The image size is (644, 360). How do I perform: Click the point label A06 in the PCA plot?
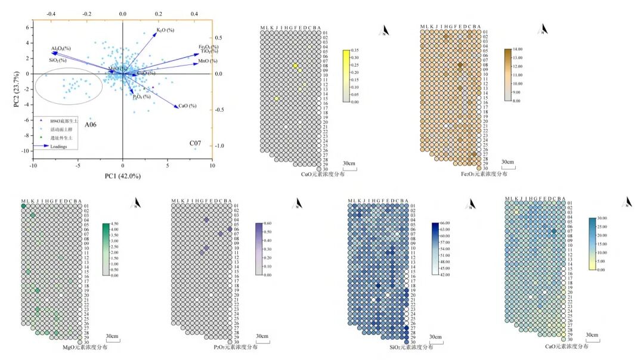90,125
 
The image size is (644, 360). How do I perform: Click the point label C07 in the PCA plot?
196,144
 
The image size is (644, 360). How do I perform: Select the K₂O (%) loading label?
165,30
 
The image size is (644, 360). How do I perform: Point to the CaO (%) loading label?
187,106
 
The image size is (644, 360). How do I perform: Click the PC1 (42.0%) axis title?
122,176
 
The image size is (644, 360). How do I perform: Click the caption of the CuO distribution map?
323,174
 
